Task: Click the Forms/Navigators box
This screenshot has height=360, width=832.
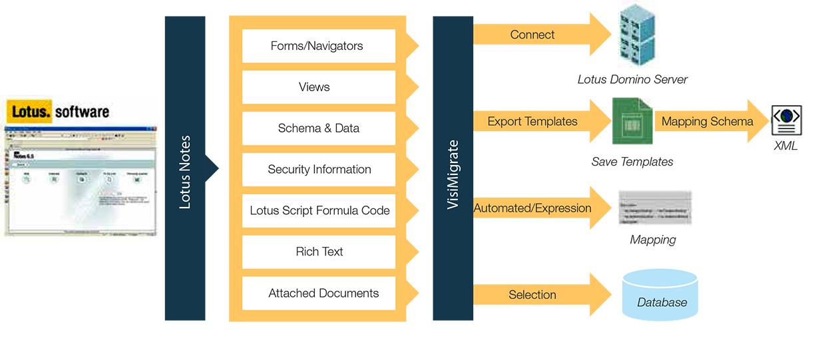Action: point(318,46)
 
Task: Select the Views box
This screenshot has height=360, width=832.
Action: point(318,87)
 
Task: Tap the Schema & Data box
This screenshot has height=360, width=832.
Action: point(318,128)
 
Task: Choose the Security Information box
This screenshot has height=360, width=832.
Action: point(318,170)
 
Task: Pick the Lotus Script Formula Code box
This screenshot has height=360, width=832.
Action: point(318,211)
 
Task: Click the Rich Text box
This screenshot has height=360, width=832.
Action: point(318,252)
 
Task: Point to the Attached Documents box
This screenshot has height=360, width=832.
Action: point(318,293)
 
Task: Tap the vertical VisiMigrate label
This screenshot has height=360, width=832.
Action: point(453,174)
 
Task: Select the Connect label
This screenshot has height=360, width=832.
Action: point(532,35)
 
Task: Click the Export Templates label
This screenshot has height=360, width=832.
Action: point(532,122)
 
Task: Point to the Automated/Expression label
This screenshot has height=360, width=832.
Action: point(532,208)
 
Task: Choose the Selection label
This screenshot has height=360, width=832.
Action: point(532,295)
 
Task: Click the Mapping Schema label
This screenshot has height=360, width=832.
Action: point(708,122)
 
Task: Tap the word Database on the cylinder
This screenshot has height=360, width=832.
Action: point(662,303)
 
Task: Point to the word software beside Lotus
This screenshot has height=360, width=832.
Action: point(82,112)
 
